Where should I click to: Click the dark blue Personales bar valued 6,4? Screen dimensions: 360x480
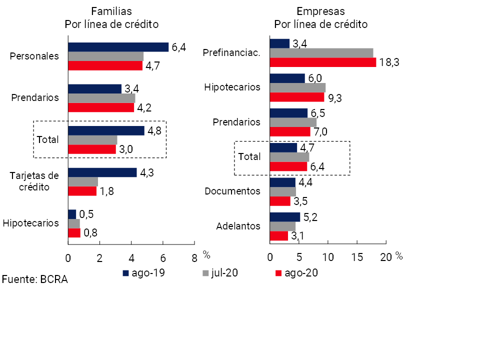click(118, 47)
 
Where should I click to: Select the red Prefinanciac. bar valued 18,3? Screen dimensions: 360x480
click(322, 62)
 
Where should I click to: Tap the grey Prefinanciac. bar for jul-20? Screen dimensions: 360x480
click(321, 53)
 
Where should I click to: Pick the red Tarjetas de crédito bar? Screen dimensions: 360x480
click(82, 191)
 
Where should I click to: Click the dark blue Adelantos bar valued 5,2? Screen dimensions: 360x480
click(284, 217)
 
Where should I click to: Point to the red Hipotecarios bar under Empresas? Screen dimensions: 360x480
click(296, 97)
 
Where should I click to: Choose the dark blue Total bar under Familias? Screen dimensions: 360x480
click(106, 130)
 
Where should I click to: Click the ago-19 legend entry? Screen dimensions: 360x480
click(144, 273)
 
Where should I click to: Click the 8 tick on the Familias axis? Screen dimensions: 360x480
click(194, 257)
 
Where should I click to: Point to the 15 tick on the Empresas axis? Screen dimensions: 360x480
click(357, 257)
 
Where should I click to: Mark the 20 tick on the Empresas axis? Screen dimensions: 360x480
click(386, 257)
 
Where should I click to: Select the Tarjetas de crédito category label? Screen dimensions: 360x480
click(35, 181)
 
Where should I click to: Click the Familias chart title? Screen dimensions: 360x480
click(111, 17)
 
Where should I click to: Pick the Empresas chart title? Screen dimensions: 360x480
click(320, 17)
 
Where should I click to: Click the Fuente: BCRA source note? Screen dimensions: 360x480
click(34, 279)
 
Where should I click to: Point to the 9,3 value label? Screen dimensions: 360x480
click(335, 98)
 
